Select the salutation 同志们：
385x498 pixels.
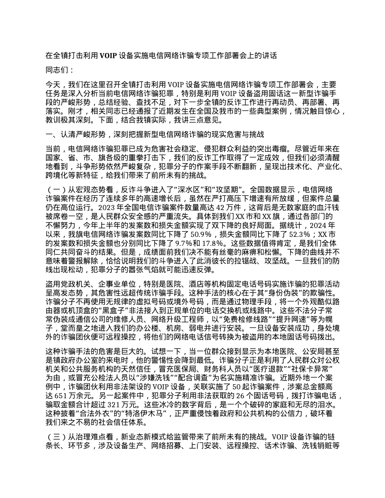[60, 70]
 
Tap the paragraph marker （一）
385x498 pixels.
[57, 189]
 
